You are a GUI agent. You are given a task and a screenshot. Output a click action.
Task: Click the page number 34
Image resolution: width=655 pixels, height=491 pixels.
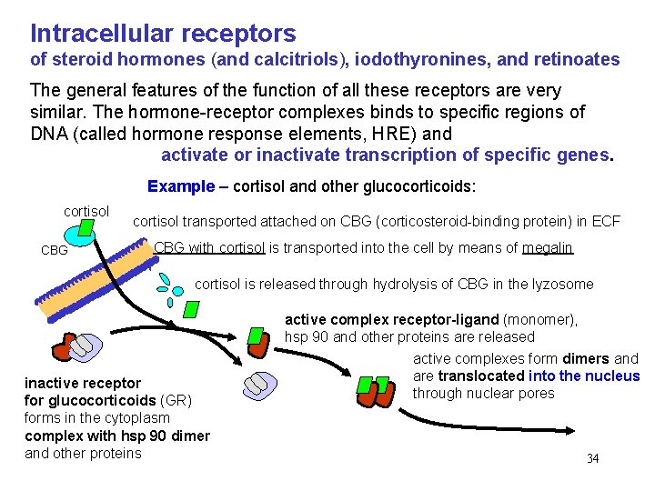pos(592,458)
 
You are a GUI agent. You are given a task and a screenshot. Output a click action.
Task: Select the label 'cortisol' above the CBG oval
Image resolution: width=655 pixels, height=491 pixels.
pos(86,211)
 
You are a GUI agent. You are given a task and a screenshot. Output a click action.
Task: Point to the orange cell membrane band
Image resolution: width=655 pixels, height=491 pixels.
pos(91,273)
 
